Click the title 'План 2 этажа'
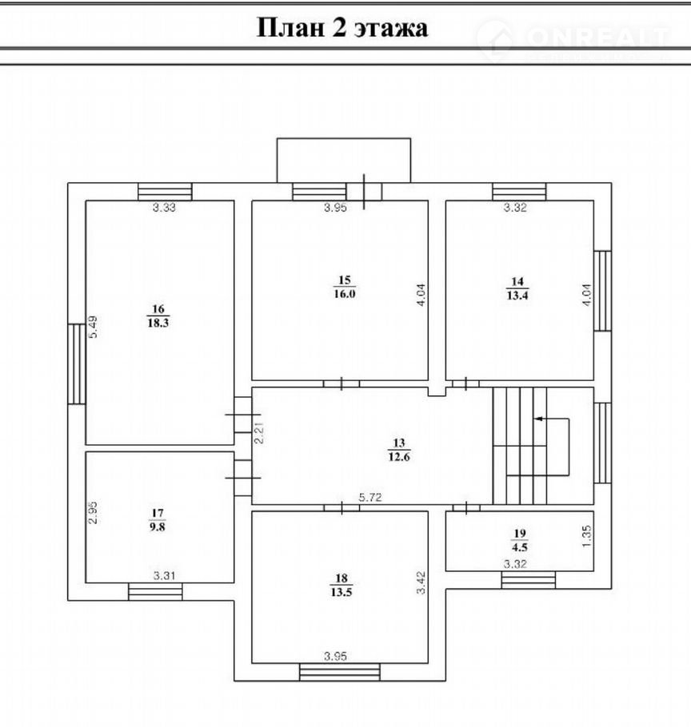pyautogui.click(x=342, y=27)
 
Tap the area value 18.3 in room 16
pyautogui.click(x=158, y=323)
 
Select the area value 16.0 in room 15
pyautogui.click(x=345, y=293)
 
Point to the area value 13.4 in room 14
pyautogui.click(x=517, y=295)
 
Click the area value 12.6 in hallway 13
pyautogui.click(x=399, y=457)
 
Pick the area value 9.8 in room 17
pyautogui.click(x=158, y=526)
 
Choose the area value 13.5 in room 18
pyautogui.click(x=341, y=592)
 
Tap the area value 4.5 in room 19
pyautogui.click(x=520, y=547)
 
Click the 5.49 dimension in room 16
pyautogui.click(x=93, y=327)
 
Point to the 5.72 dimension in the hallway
pyautogui.click(x=370, y=498)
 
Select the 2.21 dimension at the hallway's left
pyautogui.click(x=259, y=432)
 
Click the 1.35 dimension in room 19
pyautogui.click(x=587, y=536)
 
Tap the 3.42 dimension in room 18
pyautogui.click(x=421, y=582)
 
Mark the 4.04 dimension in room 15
pyautogui.click(x=421, y=295)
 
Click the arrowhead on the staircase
pyautogui.click(x=538, y=419)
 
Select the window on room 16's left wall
pyautogui.click(x=77, y=364)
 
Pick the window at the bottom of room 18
pyautogui.click(x=340, y=672)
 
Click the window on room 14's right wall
pyautogui.click(x=602, y=291)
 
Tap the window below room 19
pyautogui.click(x=528, y=580)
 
